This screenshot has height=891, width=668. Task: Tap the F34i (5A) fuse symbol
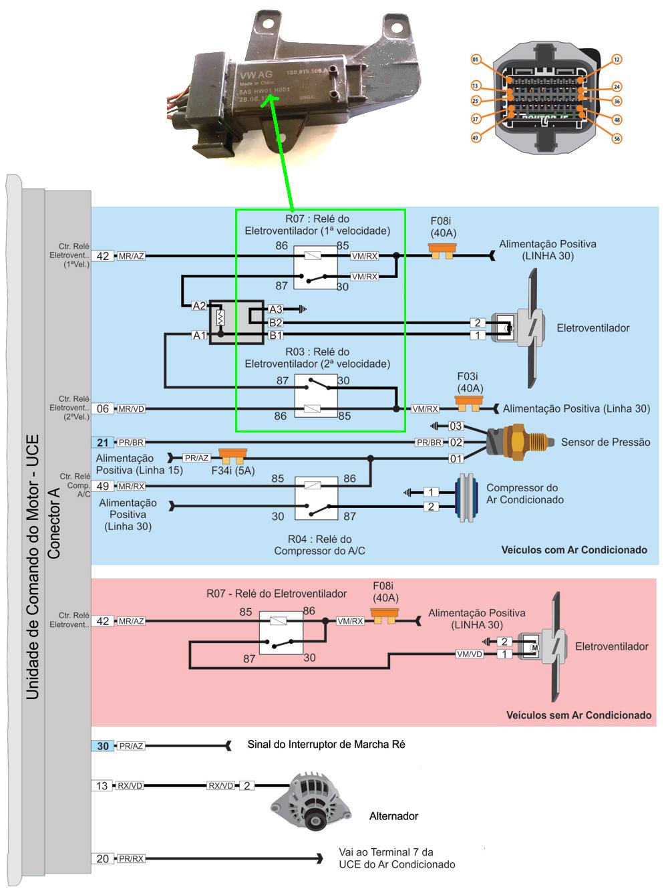click(x=233, y=457)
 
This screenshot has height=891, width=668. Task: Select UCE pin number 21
click(x=103, y=442)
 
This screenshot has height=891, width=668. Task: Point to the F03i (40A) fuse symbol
click(x=468, y=403)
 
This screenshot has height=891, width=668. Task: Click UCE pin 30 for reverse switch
click(x=103, y=746)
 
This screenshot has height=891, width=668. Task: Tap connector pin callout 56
click(x=617, y=138)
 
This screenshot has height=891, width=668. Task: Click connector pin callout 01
click(x=476, y=60)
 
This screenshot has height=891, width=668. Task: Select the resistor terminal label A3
click(x=275, y=309)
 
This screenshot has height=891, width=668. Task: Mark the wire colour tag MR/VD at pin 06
click(x=132, y=409)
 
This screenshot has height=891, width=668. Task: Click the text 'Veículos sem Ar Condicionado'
click(x=578, y=715)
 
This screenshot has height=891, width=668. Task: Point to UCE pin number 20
click(x=103, y=859)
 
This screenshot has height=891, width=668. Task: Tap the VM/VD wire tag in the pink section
click(x=469, y=654)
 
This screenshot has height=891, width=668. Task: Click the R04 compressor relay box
click(x=316, y=498)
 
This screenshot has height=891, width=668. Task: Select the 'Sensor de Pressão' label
click(x=605, y=442)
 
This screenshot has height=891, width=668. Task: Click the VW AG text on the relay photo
click(x=257, y=74)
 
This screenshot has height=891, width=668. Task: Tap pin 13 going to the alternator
click(x=102, y=786)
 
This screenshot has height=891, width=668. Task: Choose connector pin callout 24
click(x=617, y=87)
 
